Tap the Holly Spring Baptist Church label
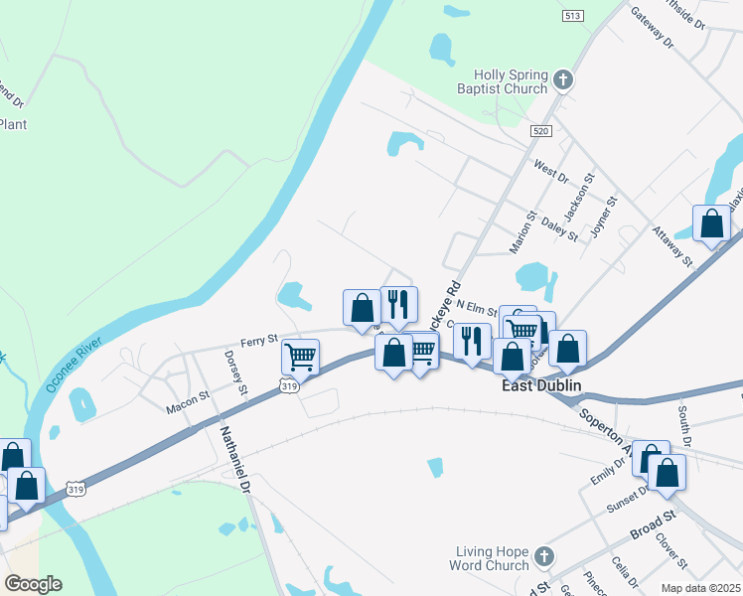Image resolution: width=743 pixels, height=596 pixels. tap(510, 80)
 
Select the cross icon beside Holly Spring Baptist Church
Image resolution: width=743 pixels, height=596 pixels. tap(563, 80)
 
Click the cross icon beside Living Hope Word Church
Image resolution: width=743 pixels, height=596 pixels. tap(544, 556)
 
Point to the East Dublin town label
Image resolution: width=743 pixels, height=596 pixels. tap(539, 385)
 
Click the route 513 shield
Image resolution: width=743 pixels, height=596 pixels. tap(571, 16)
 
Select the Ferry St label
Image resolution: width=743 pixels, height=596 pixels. tap(259, 340)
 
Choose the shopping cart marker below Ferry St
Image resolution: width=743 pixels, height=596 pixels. tap(300, 356)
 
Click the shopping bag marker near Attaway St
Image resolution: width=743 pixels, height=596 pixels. tap(711, 223)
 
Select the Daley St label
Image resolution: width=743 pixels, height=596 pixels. tap(561, 229)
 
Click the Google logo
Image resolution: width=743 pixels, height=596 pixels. tap(33, 584)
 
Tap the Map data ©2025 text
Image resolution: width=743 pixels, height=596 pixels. tap(699, 588)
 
